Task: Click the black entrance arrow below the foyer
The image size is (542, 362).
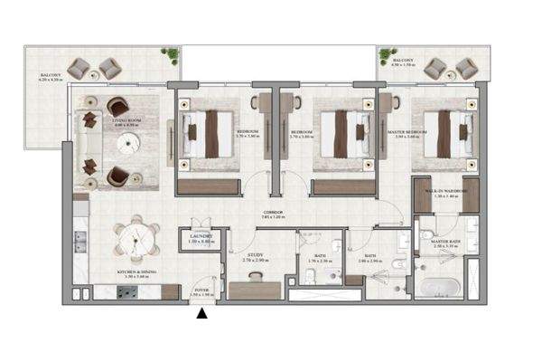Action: [202, 314]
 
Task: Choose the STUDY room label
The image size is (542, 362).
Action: [256, 257]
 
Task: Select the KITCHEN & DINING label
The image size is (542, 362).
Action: [131, 273]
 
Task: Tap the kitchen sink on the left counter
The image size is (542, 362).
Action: [79, 242]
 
